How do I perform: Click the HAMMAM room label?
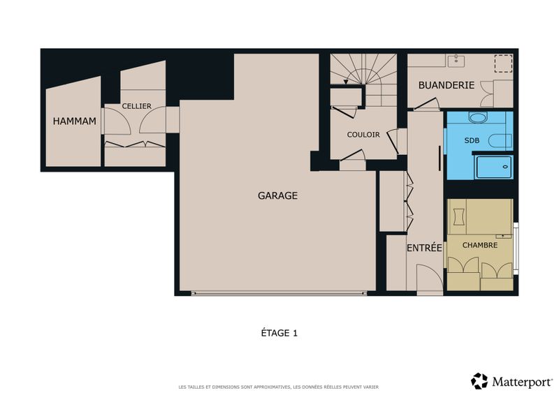point(75,121)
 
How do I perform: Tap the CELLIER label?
point(136,106)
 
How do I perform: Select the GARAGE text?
point(277,195)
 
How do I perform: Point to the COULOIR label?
point(363,135)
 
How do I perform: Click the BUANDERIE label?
point(447,85)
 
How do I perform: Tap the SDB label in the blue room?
point(472,141)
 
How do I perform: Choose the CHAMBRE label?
point(480,245)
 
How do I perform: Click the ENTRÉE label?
point(424,248)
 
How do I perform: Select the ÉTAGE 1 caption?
point(279,333)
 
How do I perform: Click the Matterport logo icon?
point(479,381)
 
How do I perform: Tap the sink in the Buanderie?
point(456,61)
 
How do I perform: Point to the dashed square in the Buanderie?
point(503,64)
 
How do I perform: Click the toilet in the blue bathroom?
point(500,142)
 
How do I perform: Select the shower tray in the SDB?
point(494,167)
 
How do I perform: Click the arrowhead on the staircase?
point(345,82)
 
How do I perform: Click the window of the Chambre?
point(516,248)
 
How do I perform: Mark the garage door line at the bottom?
point(279,293)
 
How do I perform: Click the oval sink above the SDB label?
point(478,117)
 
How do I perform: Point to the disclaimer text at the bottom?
point(278,387)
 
